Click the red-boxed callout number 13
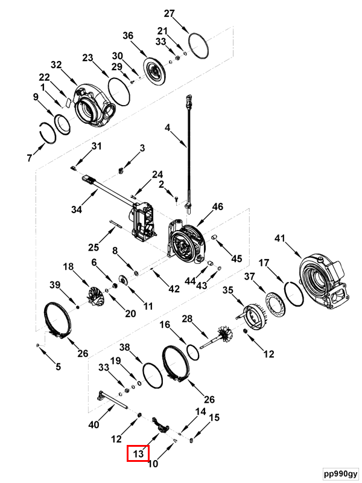click(x=138, y=454)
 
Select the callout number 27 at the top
click(x=170, y=13)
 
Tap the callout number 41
click(x=280, y=238)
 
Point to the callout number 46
click(x=218, y=206)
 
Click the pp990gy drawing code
click(x=341, y=473)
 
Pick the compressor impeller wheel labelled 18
click(x=97, y=296)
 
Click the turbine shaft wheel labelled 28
click(x=218, y=337)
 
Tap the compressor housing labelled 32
click(x=94, y=104)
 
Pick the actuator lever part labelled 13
click(x=161, y=425)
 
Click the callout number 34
click(x=77, y=209)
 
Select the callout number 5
click(x=58, y=366)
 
